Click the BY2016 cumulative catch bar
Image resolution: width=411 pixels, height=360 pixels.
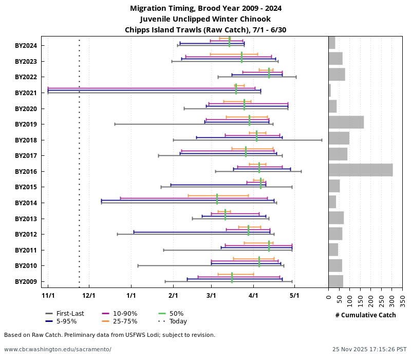tap(361, 170)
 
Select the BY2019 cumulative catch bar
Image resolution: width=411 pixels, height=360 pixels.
tap(346, 122)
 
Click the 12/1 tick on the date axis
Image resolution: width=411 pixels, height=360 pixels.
tap(89, 296)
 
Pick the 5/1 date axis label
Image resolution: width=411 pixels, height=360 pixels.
tap(294, 296)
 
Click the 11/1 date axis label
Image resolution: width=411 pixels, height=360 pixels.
tap(48, 296)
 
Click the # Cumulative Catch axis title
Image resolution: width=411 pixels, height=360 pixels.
tap(365, 315)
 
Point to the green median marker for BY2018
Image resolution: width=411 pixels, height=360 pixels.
tap(257, 136)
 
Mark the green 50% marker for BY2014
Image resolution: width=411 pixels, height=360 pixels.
tap(217, 199)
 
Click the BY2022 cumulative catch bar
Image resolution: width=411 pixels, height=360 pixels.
tap(337, 75)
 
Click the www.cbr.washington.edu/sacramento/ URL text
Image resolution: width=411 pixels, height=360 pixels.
tap(58, 349)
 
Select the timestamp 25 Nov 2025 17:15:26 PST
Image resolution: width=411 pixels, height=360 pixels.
tap(369, 349)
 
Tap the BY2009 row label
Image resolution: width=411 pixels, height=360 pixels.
tap(26, 282)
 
